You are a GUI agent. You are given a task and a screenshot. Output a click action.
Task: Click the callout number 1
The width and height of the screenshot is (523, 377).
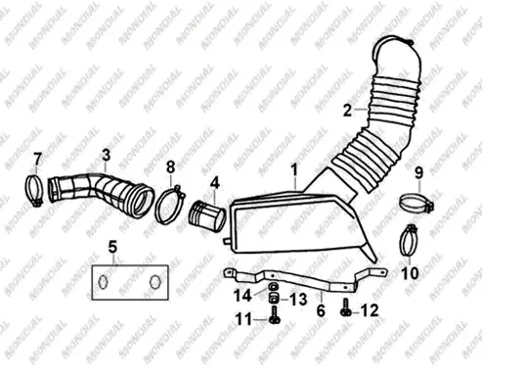[x=294, y=170]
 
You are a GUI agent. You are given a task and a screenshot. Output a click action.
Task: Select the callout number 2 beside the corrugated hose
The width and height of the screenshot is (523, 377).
[x=348, y=111]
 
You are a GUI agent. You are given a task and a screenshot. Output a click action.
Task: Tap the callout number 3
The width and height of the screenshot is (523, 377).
[x=107, y=155]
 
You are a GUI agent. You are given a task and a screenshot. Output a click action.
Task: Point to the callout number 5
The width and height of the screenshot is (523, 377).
[x=112, y=248]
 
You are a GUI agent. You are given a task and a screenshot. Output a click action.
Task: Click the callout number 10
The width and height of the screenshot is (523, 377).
[x=410, y=273]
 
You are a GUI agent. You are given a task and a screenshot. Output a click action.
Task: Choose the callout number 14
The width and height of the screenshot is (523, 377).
[x=242, y=296]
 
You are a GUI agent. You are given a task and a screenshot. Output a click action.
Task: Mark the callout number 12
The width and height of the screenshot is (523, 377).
[x=370, y=310]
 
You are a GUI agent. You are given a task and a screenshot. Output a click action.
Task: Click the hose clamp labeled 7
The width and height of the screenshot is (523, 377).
[x=34, y=191]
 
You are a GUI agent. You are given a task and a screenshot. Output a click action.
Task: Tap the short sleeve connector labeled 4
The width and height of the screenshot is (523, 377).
[x=207, y=216]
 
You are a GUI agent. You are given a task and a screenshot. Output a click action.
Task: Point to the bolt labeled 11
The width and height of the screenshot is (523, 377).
[x=275, y=315]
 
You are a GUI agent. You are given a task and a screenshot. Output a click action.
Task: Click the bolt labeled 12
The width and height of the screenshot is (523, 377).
[x=346, y=307]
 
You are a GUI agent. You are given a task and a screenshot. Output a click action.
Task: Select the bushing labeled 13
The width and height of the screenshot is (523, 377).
[x=274, y=298]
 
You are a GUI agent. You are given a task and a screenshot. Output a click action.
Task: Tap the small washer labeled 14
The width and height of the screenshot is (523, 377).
[x=274, y=287]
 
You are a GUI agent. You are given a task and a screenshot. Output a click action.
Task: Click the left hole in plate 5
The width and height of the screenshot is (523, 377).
[x=104, y=281]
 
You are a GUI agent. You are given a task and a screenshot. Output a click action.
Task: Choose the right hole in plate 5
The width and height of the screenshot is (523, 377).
[x=154, y=282]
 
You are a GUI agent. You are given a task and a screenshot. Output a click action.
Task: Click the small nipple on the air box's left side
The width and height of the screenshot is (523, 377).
[x=227, y=241]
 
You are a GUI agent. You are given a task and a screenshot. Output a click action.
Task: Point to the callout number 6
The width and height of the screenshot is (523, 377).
[x=321, y=310]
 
